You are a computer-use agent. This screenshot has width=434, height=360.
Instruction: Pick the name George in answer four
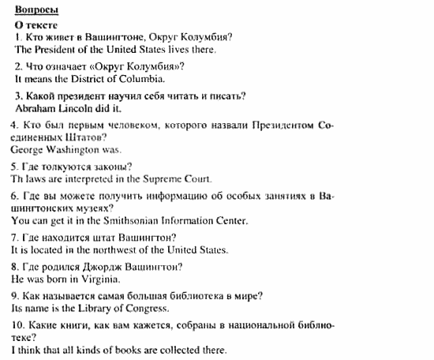(30, 148)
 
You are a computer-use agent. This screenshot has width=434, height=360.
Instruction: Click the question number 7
(15, 238)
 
